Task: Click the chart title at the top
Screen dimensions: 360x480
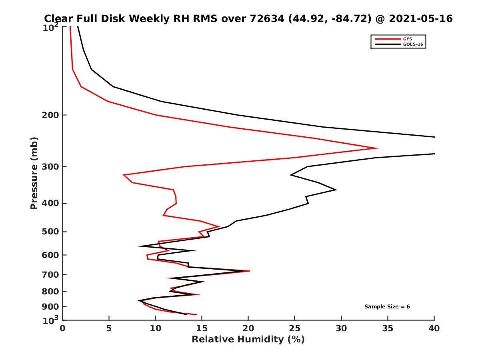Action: (248, 18)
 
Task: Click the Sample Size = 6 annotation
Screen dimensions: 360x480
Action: (387, 307)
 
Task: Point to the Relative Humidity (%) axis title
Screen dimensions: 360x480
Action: (248, 340)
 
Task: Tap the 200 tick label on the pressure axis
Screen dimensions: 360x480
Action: (48, 115)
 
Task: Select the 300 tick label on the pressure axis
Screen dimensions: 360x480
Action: (48, 167)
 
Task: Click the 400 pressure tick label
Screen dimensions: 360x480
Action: (48, 203)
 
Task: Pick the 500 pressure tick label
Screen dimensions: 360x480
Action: (48, 232)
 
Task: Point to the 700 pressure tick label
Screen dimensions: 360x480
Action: (48, 274)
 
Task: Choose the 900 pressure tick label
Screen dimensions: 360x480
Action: (48, 307)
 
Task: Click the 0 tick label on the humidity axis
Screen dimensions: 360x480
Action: (62, 328)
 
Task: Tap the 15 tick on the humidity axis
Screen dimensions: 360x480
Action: (202, 328)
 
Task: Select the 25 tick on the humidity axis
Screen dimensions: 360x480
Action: (295, 328)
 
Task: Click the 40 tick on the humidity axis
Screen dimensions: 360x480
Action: (434, 328)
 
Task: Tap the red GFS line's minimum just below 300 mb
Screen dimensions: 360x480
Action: (124, 175)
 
